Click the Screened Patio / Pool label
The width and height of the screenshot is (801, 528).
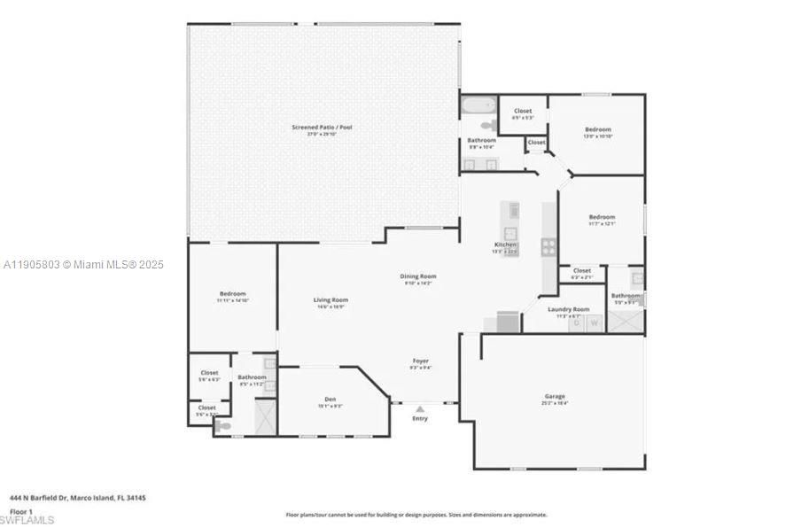point(322,128)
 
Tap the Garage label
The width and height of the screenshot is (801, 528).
point(554,396)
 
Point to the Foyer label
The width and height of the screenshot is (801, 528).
point(420,361)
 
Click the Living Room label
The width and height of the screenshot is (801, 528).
point(331,300)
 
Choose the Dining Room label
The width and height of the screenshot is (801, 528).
point(417,276)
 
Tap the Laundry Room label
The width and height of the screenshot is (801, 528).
point(568,309)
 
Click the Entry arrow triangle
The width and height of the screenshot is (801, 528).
point(419,409)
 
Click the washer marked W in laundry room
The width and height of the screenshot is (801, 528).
point(595,323)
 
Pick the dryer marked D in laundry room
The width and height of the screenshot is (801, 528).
point(576,323)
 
